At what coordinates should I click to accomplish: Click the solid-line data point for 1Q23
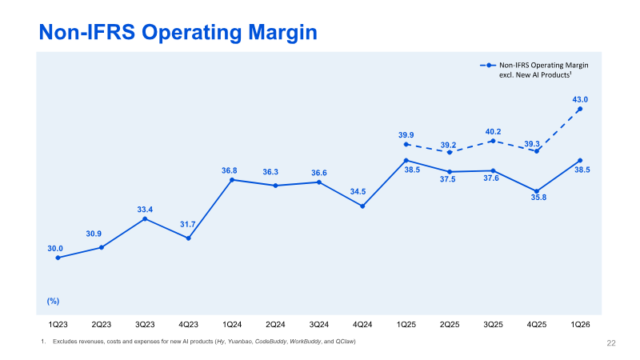[x=58, y=258]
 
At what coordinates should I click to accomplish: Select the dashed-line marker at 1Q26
[x=580, y=109]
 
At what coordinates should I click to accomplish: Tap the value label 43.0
[x=580, y=99]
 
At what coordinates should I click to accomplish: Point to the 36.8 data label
[x=230, y=170]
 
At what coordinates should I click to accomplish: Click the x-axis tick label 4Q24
[x=362, y=325]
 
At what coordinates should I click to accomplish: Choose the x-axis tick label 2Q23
[x=102, y=325]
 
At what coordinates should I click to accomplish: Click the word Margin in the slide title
[x=282, y=32]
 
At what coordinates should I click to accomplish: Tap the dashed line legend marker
[x=488, y=66]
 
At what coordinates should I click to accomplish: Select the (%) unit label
[x=53, y=302]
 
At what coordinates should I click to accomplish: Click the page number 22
[x=611, y=343]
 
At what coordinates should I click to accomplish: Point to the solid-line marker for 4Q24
[x=362, y=206]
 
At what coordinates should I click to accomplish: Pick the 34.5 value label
[x=358, y=192]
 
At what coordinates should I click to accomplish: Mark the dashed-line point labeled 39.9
[x=406, y=144]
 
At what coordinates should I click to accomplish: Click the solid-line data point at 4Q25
[x=537, y=191]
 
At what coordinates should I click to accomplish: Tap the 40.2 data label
[x=493, y=132]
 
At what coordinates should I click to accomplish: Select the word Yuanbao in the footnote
[x=240, y=342]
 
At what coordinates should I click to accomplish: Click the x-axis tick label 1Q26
[x=580, y=325]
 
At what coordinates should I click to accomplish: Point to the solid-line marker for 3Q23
[x=145, y=218]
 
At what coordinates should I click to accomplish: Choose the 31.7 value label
[x=188, y=225]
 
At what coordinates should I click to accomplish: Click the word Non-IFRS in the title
[x=87, y=32]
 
